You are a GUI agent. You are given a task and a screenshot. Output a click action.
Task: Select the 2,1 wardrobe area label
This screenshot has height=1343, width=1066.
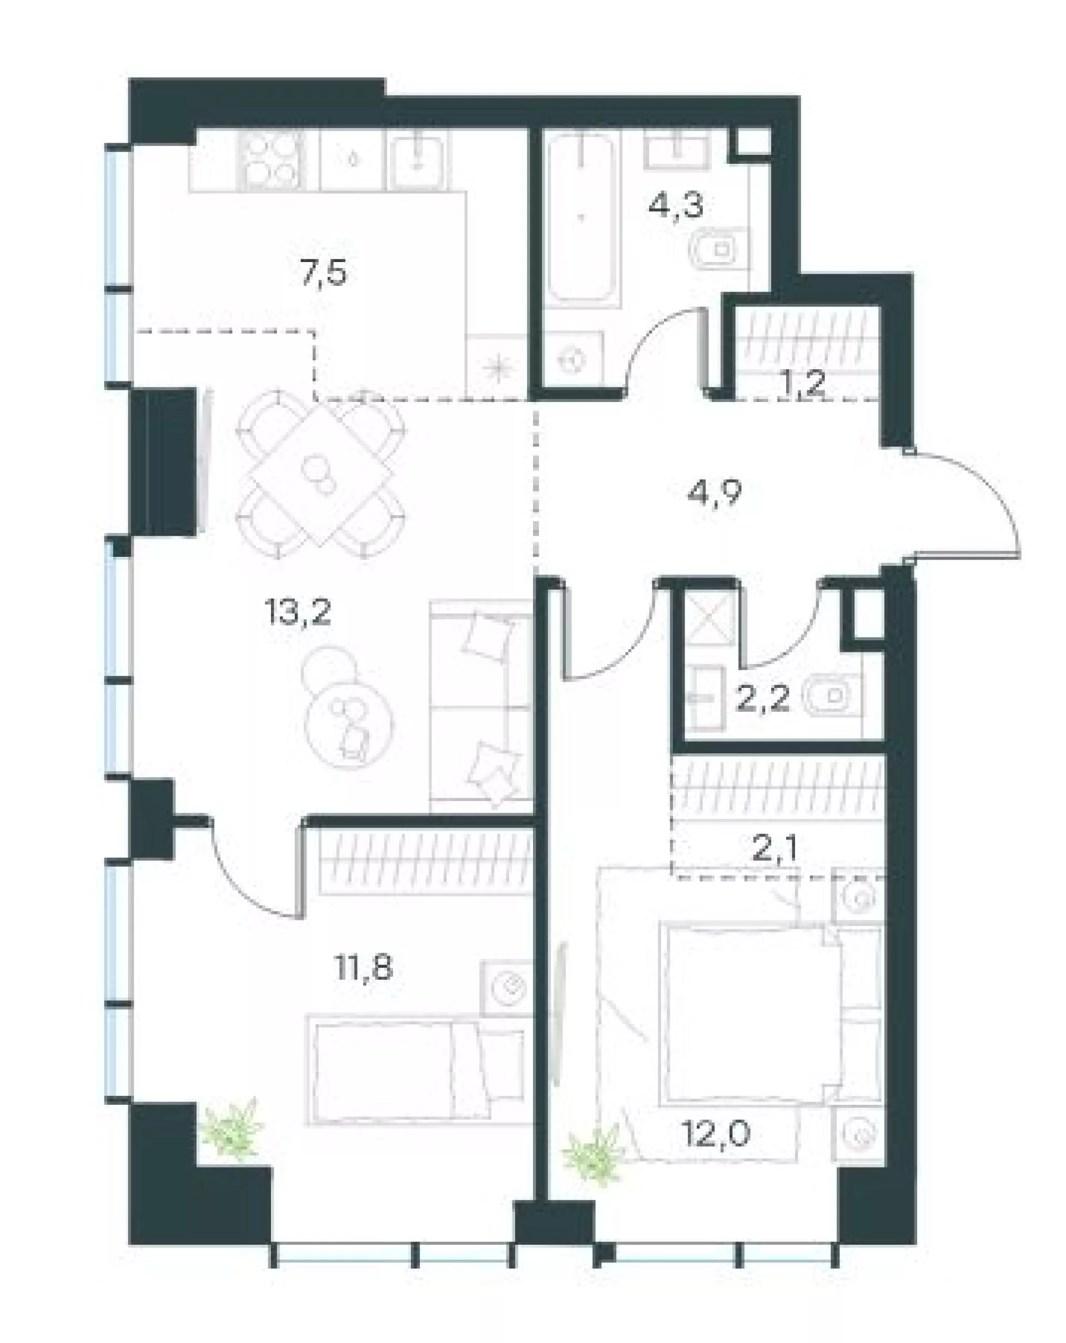click(775, 849)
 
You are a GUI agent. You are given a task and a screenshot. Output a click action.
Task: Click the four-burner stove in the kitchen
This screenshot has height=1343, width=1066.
click(271, 159)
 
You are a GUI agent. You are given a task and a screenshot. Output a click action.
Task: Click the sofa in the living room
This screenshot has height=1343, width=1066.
click(480, 705)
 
